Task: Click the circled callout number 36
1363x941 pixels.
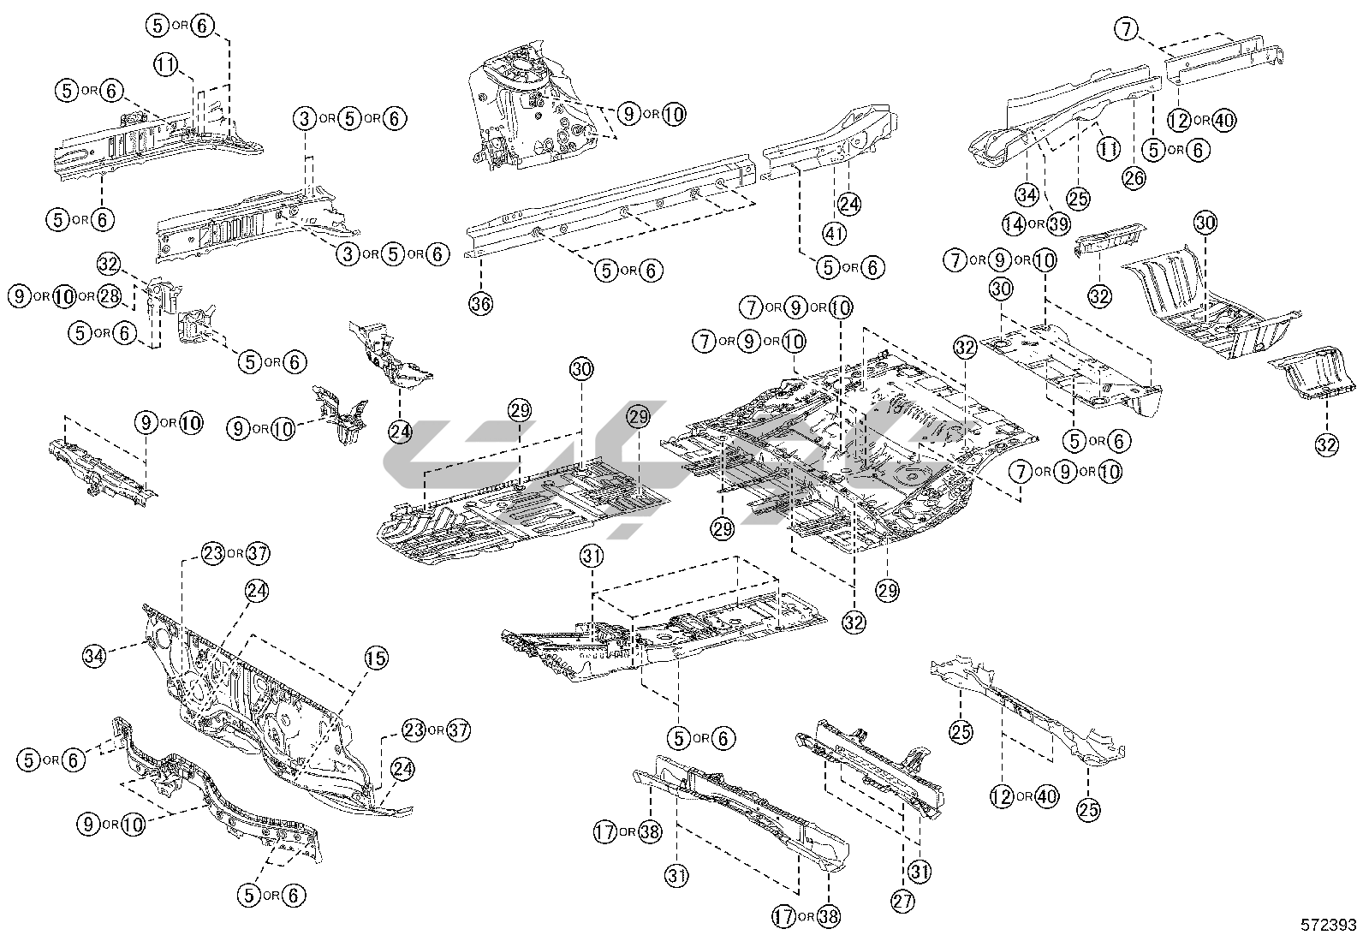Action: pos(481,303)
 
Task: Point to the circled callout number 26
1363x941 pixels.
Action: pos(1134,177)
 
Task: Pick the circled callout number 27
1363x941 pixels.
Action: pos(902,900)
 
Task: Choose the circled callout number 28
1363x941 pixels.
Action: pos(109,296)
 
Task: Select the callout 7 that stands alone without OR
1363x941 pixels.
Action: pos(1128,29)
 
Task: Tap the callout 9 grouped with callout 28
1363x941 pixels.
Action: pos(20,296)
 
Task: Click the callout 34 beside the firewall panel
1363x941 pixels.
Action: pos(96,656)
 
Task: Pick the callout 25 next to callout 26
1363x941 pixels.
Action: pos(1079,199)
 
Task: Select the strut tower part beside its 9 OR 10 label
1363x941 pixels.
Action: pos(531,107)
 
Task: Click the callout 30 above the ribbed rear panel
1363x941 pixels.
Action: pos(1205,223)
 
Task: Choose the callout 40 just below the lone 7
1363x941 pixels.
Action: pos(1224,120)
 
